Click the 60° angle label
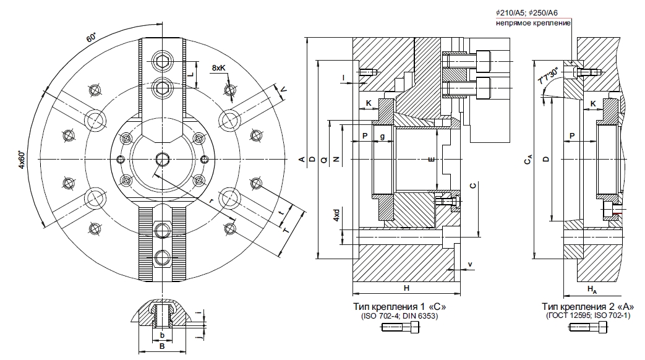(x=90, y=38)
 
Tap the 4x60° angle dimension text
(x=22, y=160)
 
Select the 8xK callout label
(x=218, y=67)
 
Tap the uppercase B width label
(x=161, y=348)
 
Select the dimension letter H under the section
(x=406, y=289)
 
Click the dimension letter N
(x=336, y=159)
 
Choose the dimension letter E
(x=431, y=160)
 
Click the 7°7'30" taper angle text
(x=548, y=77)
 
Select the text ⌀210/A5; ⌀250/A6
(x=533, y=13)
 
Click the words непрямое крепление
(x=531, y=24)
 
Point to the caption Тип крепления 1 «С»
(x=399, y=307)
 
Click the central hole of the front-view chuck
(x=163, y=160)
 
